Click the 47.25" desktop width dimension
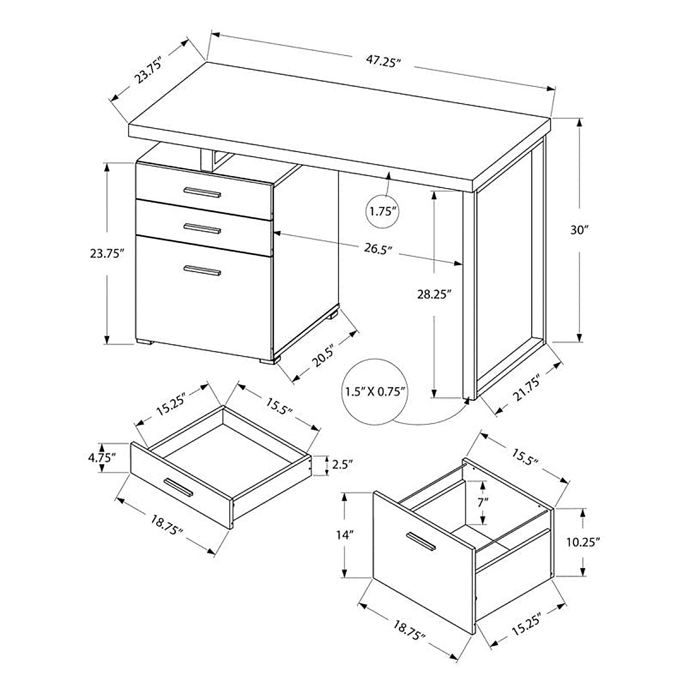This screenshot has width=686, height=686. [x=381, y=62]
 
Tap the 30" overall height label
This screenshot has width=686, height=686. [x=579, y=230]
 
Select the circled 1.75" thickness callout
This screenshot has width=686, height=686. [x=382, y=211]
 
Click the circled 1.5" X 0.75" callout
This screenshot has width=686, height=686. [x=375, y=392]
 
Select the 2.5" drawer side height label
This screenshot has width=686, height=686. [x=342, y=464]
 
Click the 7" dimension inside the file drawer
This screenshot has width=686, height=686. [x=484, y=502]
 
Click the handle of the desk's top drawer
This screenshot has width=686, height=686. [x=201, y=192]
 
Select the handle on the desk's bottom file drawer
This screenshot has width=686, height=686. [x=202, y=270]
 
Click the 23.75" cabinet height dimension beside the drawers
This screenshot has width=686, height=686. [x=107, y=254]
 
